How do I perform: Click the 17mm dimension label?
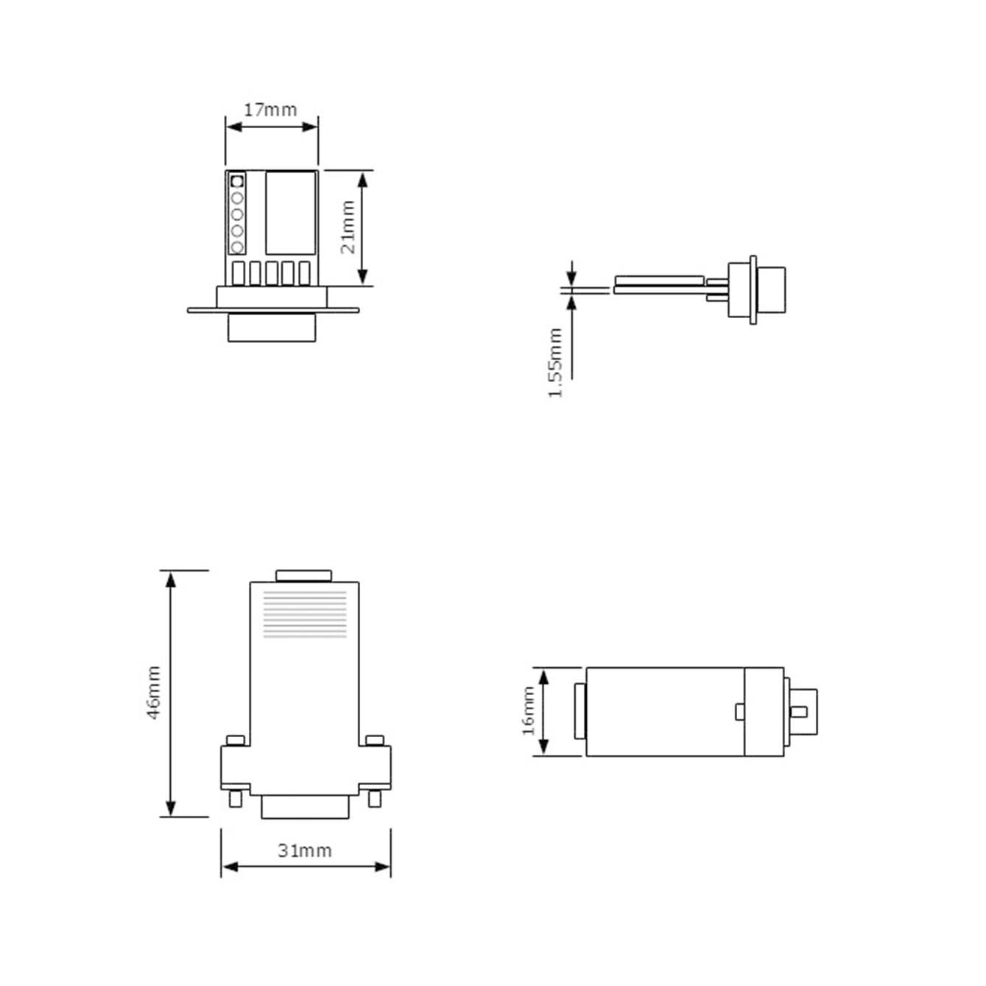tap(270, 110)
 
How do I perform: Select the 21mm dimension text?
tap(348, 228)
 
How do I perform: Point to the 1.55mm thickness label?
tap(555, 363)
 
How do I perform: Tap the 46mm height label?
tap(153, 692)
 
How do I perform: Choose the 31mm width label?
tap(304, 851)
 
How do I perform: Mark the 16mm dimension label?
tap(528, 711)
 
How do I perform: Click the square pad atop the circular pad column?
tap(237, 180)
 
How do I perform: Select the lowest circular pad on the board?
tap(237, 247)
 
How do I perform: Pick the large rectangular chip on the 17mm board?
tap(290, 213)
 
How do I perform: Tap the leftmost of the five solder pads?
tap(239, 273)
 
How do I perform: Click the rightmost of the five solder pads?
tap(303, 273)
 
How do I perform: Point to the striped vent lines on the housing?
tap(305, 613)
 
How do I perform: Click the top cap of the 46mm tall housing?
tap(303, 576)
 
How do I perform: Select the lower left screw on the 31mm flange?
tap(235, 798)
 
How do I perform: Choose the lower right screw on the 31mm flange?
tap(375, 798)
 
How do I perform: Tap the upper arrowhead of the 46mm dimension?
tap(171, 579)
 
